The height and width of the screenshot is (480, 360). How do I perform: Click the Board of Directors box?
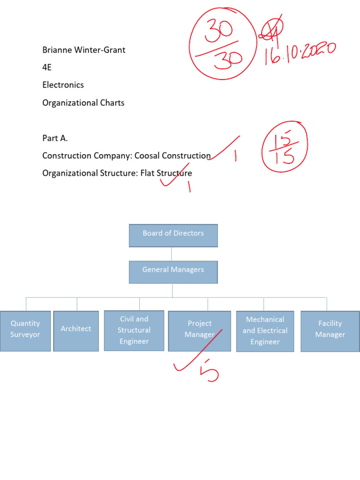pos(173,235)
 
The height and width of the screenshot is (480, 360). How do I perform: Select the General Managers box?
pos(173,272)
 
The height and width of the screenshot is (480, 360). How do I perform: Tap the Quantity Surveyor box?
pos(25,331)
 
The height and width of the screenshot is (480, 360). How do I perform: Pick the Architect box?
pos(76,331)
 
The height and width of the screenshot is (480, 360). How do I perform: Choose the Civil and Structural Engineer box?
pos(134,330)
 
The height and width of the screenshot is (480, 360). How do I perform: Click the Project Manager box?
pos(200,331)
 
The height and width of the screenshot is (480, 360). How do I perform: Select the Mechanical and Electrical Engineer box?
pos(265,331)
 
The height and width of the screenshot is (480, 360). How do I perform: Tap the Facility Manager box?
pos(330,331)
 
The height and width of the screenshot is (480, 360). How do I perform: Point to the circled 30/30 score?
pos(223,44)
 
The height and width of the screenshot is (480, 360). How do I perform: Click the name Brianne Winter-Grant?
pos(83,50)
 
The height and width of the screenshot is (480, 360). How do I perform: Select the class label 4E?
pos(47,67)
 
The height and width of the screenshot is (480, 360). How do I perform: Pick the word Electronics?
pos(63,85)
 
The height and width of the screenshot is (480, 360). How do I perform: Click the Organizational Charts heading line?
pos(83,103)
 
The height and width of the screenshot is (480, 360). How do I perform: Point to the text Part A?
pos(55,138)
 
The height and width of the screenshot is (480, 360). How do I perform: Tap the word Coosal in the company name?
pos(147,156)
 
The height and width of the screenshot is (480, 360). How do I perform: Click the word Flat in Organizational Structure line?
pos(147,173)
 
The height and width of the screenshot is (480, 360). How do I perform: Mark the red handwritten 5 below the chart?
pos(210,371)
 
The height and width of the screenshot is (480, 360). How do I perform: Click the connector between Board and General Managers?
pos(172,254)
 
